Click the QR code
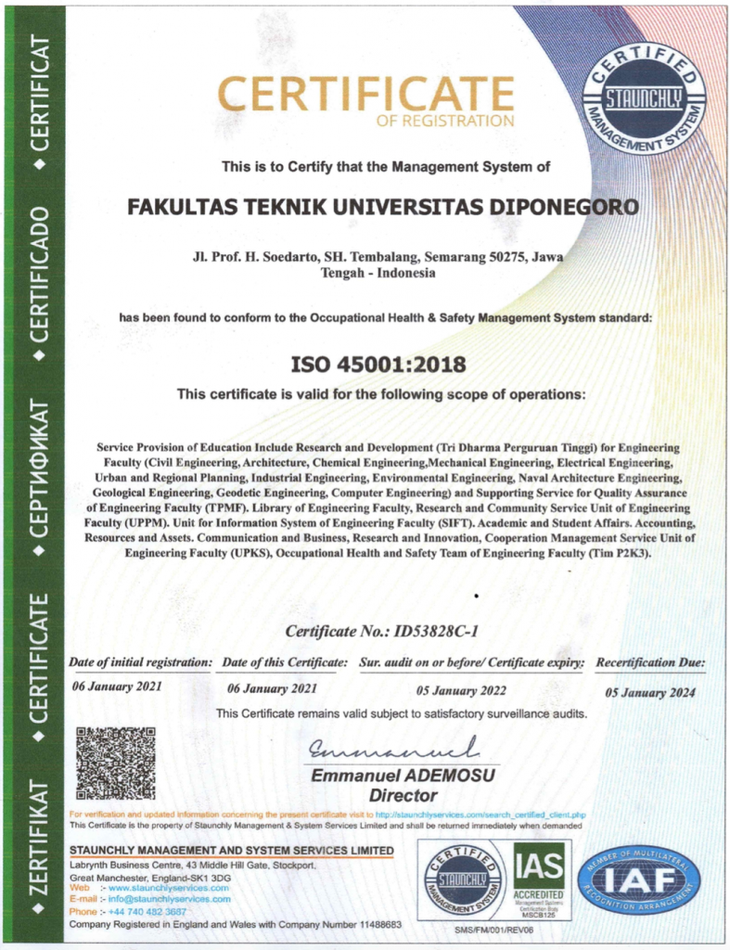(115, 763)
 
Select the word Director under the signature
(403, 795)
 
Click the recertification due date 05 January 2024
(649, 692)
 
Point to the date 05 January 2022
(462, 690)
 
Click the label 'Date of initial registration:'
(141, 662)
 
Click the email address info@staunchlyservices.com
(169, 899)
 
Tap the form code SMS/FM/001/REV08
(494, 929)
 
